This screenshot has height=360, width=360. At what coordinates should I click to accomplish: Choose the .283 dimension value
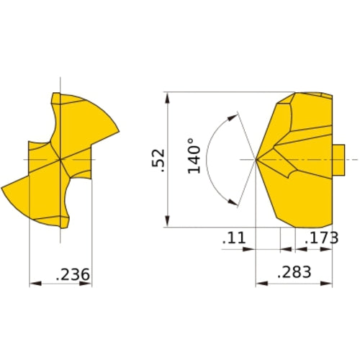[x=293, y=271]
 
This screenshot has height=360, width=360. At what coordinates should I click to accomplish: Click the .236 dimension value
[x=71, y=274]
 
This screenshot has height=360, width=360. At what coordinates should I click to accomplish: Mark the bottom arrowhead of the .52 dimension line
[x=167, y=223]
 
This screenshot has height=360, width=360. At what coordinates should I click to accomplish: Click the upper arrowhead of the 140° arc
[x=233, y=114]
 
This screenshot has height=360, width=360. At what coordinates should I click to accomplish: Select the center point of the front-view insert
[x=60, y=158]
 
